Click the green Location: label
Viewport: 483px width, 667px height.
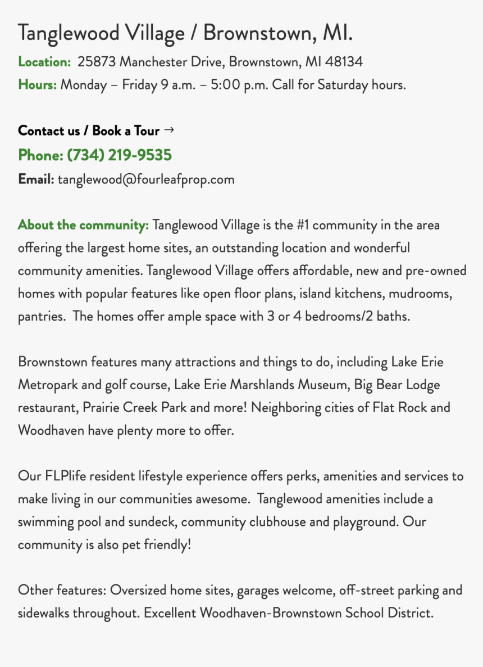[x=44, y=61]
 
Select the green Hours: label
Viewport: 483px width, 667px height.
[x=37, y=85]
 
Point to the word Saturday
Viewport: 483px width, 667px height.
[x=343, y=85]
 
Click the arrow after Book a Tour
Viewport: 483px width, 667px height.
[x=169, y=130]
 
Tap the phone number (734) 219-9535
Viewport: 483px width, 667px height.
[x=119, y=155]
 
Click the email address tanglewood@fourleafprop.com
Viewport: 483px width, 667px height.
[x=146, y=179]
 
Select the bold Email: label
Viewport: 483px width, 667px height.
[x=36, y=179]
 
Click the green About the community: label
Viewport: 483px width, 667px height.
[x=83, y=225]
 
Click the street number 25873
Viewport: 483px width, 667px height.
[x=96, y=61]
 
